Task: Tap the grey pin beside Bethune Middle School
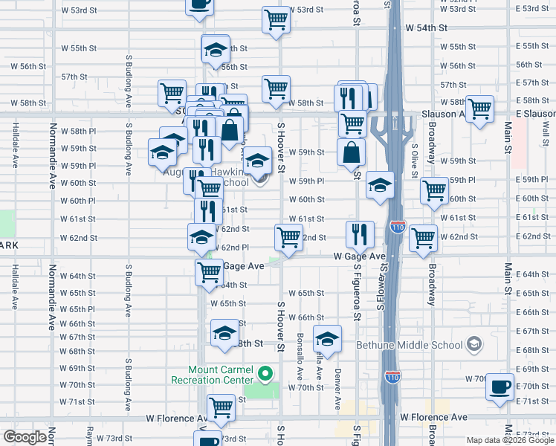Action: (x=473, y=345)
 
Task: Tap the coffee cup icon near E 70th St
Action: (x=500, y=387)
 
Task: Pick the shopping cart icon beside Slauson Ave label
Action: (x=480, y=108)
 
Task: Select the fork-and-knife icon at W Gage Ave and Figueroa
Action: (x=360, y=234)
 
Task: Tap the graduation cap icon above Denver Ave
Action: (x=327, y=339)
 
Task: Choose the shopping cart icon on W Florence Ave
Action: (x=221, y=407)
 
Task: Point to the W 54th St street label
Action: (x=426, y=27)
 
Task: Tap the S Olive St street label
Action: (x=416, y=161)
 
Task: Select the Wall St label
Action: (x=546, y=135)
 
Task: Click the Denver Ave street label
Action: (x=337, y=388)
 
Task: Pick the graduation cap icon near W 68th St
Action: (x=224, y=333)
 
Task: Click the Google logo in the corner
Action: (x=25, y=437)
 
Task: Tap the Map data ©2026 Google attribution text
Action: (x=509, y=440)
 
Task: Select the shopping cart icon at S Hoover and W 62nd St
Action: (x=288, y=238)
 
